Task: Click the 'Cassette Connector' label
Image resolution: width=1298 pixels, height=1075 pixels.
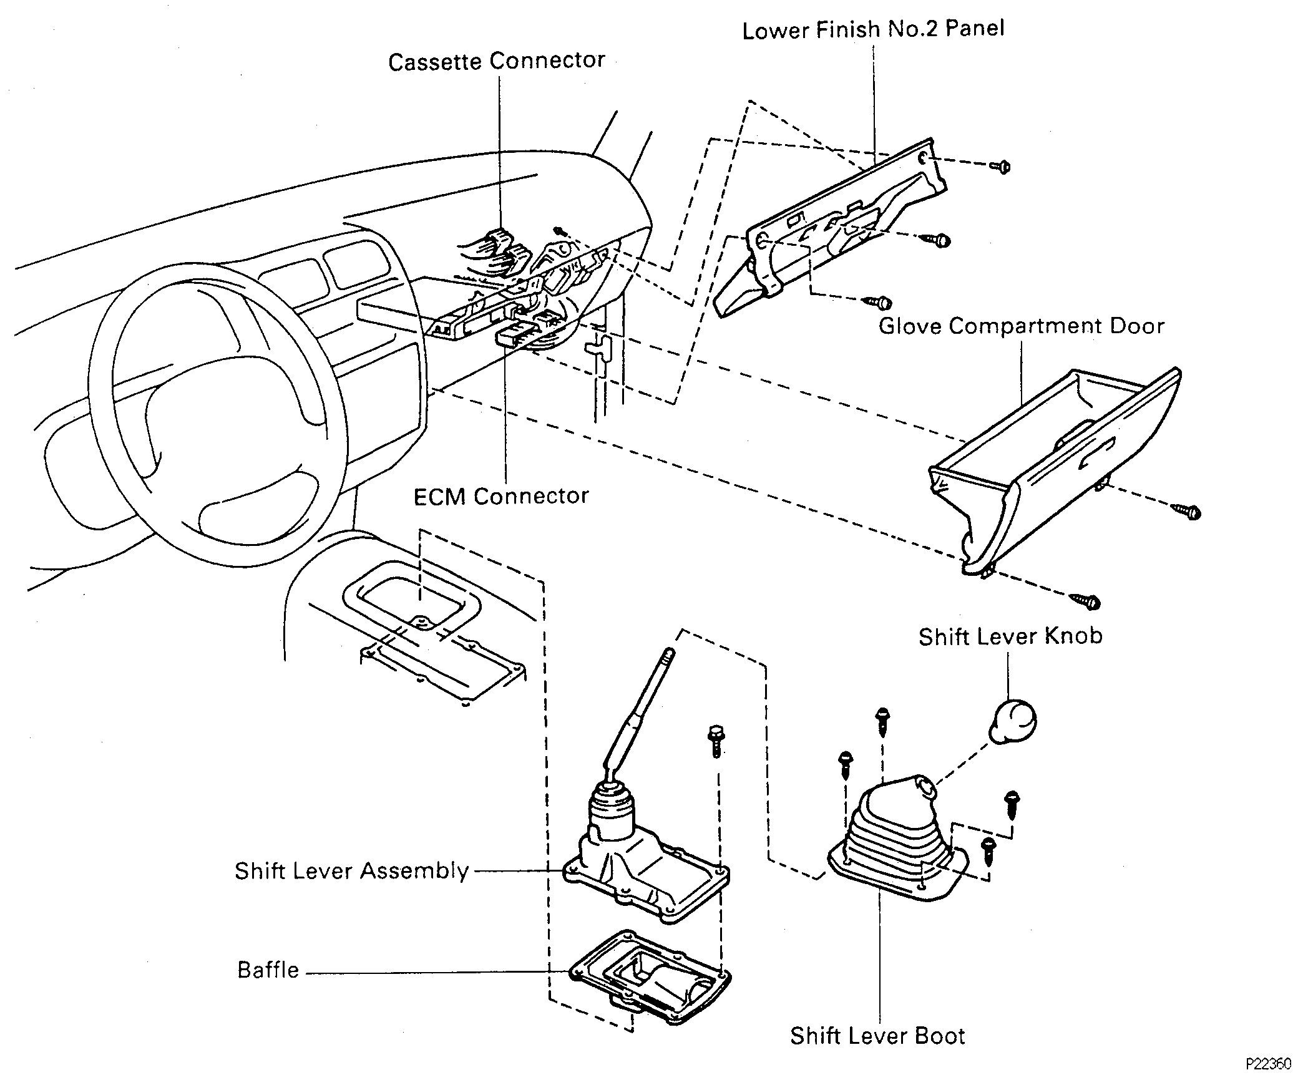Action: [496, 62]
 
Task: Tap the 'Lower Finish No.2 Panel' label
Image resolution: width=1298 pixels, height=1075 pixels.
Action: [873, 30]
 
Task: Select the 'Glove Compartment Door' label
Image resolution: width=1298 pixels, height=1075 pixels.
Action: [1021, 326]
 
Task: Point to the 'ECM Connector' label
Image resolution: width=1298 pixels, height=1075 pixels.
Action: [501, 497]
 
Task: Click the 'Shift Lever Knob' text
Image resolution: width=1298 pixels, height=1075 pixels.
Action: [1010, 637]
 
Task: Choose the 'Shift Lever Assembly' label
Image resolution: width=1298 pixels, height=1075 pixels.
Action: [351, 871]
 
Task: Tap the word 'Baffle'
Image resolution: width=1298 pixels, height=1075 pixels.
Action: [268, 970]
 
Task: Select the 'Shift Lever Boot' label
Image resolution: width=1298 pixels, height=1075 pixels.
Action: [877, 1036]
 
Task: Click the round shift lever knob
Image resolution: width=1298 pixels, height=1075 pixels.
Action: [1012, 722]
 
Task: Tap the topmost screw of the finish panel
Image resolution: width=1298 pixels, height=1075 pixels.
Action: [1000, 167]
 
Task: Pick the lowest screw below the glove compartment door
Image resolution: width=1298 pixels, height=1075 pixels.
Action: [1086, 602]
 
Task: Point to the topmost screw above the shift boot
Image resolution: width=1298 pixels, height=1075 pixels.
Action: [882, 721]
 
